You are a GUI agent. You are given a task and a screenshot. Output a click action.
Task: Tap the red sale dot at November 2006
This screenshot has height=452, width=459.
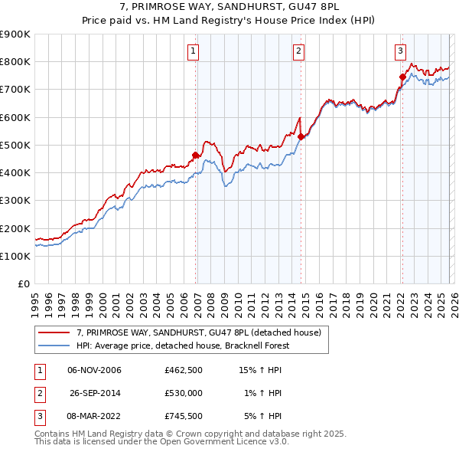click(195, 156)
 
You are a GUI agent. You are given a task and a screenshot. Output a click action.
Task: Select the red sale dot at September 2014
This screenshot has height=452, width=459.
click(301, 137)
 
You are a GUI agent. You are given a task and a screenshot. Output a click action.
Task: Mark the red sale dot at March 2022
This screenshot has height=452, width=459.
click(402, 77)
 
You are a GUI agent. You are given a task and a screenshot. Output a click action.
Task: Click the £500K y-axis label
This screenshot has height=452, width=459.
click(15, 145)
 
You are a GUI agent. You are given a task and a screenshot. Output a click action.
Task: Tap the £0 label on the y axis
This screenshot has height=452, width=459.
click(23, 283)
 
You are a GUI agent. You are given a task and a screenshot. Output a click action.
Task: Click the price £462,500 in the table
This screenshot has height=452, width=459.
click(184, 370)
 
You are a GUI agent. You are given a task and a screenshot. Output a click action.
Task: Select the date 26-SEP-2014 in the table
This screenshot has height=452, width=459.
click(95, 393)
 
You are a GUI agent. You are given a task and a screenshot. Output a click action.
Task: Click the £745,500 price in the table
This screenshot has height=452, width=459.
click(184, 416)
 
